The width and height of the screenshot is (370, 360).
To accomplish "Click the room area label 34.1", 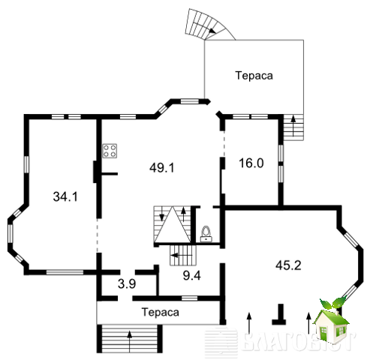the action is [x=65, y=196].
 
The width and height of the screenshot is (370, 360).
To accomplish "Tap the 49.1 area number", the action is [x=162, y=167].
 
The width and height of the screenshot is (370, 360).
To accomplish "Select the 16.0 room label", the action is [x=251, y=163].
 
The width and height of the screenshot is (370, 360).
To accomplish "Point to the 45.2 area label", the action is [x=288, y=265].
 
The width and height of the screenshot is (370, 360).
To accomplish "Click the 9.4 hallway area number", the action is [x=192, y=275].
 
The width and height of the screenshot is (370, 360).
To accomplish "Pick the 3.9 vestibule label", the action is [x=127, y=283].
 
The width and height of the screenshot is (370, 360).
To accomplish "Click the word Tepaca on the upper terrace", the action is [x=254, y=76].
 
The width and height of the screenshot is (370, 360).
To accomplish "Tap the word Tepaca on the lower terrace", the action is [x=161, y=312].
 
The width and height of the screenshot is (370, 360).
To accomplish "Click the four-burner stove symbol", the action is [x=110, y=151].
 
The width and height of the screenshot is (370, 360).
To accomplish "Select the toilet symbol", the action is [x=206, y=234].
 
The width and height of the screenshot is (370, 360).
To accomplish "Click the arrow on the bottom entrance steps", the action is [x=130, y=341].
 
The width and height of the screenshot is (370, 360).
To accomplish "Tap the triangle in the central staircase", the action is [x=173, y=225].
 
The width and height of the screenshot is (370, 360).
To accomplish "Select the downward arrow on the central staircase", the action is [x=161, y=214].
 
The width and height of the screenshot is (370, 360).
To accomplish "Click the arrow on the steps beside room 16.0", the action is [x=293, y=126].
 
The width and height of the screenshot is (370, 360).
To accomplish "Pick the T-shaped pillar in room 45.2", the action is [x=280, y=314].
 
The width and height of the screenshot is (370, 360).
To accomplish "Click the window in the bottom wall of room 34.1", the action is [x=65, y=272].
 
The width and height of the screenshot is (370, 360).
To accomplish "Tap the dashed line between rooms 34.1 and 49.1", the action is [x=98, y=235].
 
